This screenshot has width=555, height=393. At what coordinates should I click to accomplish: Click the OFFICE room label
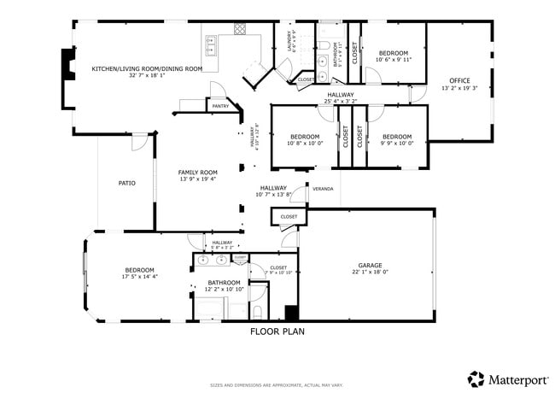tap(459, 80)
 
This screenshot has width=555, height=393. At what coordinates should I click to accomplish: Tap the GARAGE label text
tap(370, 265)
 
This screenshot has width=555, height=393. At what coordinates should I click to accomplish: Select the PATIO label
tap(126, 183)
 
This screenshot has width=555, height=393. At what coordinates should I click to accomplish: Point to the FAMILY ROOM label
tap(197, 172)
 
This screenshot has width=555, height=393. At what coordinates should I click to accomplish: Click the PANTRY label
tap(220, 106)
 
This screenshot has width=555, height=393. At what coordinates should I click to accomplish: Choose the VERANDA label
tap(322, 189)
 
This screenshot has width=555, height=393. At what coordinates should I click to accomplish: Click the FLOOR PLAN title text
tap(277, 331)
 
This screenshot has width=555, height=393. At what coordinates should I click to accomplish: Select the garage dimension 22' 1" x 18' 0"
tap(370, 273)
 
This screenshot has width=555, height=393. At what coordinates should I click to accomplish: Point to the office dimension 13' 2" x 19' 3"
tap(459, 88)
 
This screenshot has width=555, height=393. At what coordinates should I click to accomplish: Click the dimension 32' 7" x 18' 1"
tap(147, 76)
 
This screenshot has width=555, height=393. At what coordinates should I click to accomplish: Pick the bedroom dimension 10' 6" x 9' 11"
tap(394, 60)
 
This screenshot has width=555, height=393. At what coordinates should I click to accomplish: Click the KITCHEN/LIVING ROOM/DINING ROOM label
tap(147, 68)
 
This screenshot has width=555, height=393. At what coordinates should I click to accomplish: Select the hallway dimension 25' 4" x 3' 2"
tap(341, 102)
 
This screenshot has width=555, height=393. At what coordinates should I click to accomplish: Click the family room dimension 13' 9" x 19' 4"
tap(197, 179)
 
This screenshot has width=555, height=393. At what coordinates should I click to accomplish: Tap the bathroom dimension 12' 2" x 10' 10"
tap(224, 290)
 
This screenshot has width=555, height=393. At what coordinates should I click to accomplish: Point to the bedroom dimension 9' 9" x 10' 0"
tap(396, 144)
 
